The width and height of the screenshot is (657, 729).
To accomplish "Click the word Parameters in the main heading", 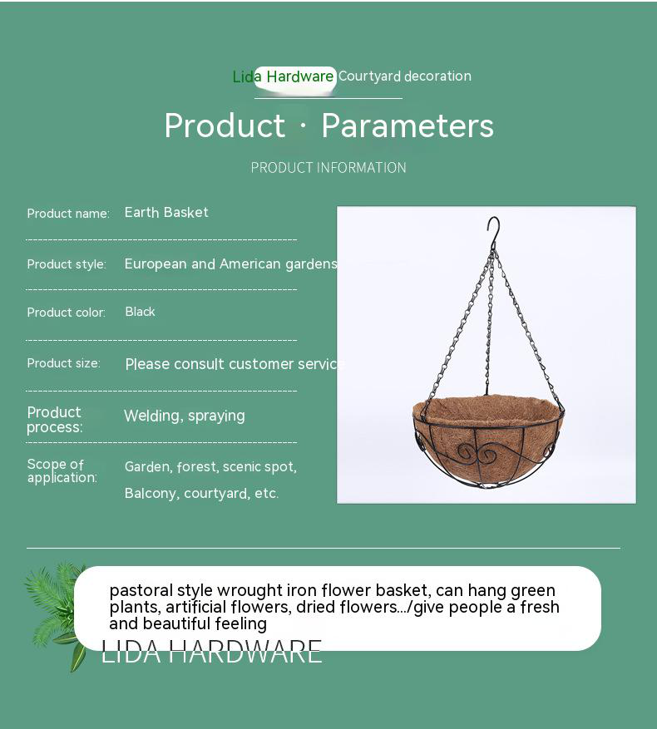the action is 408,126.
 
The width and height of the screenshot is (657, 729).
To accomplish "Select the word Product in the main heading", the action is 225,126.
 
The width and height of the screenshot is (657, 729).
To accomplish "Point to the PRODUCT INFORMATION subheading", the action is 328,167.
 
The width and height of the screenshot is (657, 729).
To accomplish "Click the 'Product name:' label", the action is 68,214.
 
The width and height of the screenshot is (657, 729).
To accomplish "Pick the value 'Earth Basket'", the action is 166,213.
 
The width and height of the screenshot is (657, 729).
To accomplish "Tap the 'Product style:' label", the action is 67,264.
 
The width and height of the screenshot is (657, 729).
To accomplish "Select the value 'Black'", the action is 140,312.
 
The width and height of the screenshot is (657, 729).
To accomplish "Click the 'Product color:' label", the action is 66,313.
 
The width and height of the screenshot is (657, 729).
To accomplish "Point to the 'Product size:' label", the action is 64,363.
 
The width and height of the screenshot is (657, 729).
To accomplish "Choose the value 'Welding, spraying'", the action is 185,416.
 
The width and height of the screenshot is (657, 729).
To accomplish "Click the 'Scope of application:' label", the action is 62,470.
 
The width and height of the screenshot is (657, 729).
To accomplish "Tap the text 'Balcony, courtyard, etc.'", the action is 201,493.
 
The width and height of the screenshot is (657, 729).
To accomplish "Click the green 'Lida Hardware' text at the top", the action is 284,76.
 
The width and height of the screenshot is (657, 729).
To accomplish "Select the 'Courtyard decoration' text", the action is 405,76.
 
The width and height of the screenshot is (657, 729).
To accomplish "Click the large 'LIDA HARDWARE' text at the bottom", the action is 211,652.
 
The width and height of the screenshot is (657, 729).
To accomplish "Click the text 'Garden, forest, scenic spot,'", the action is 210,467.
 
